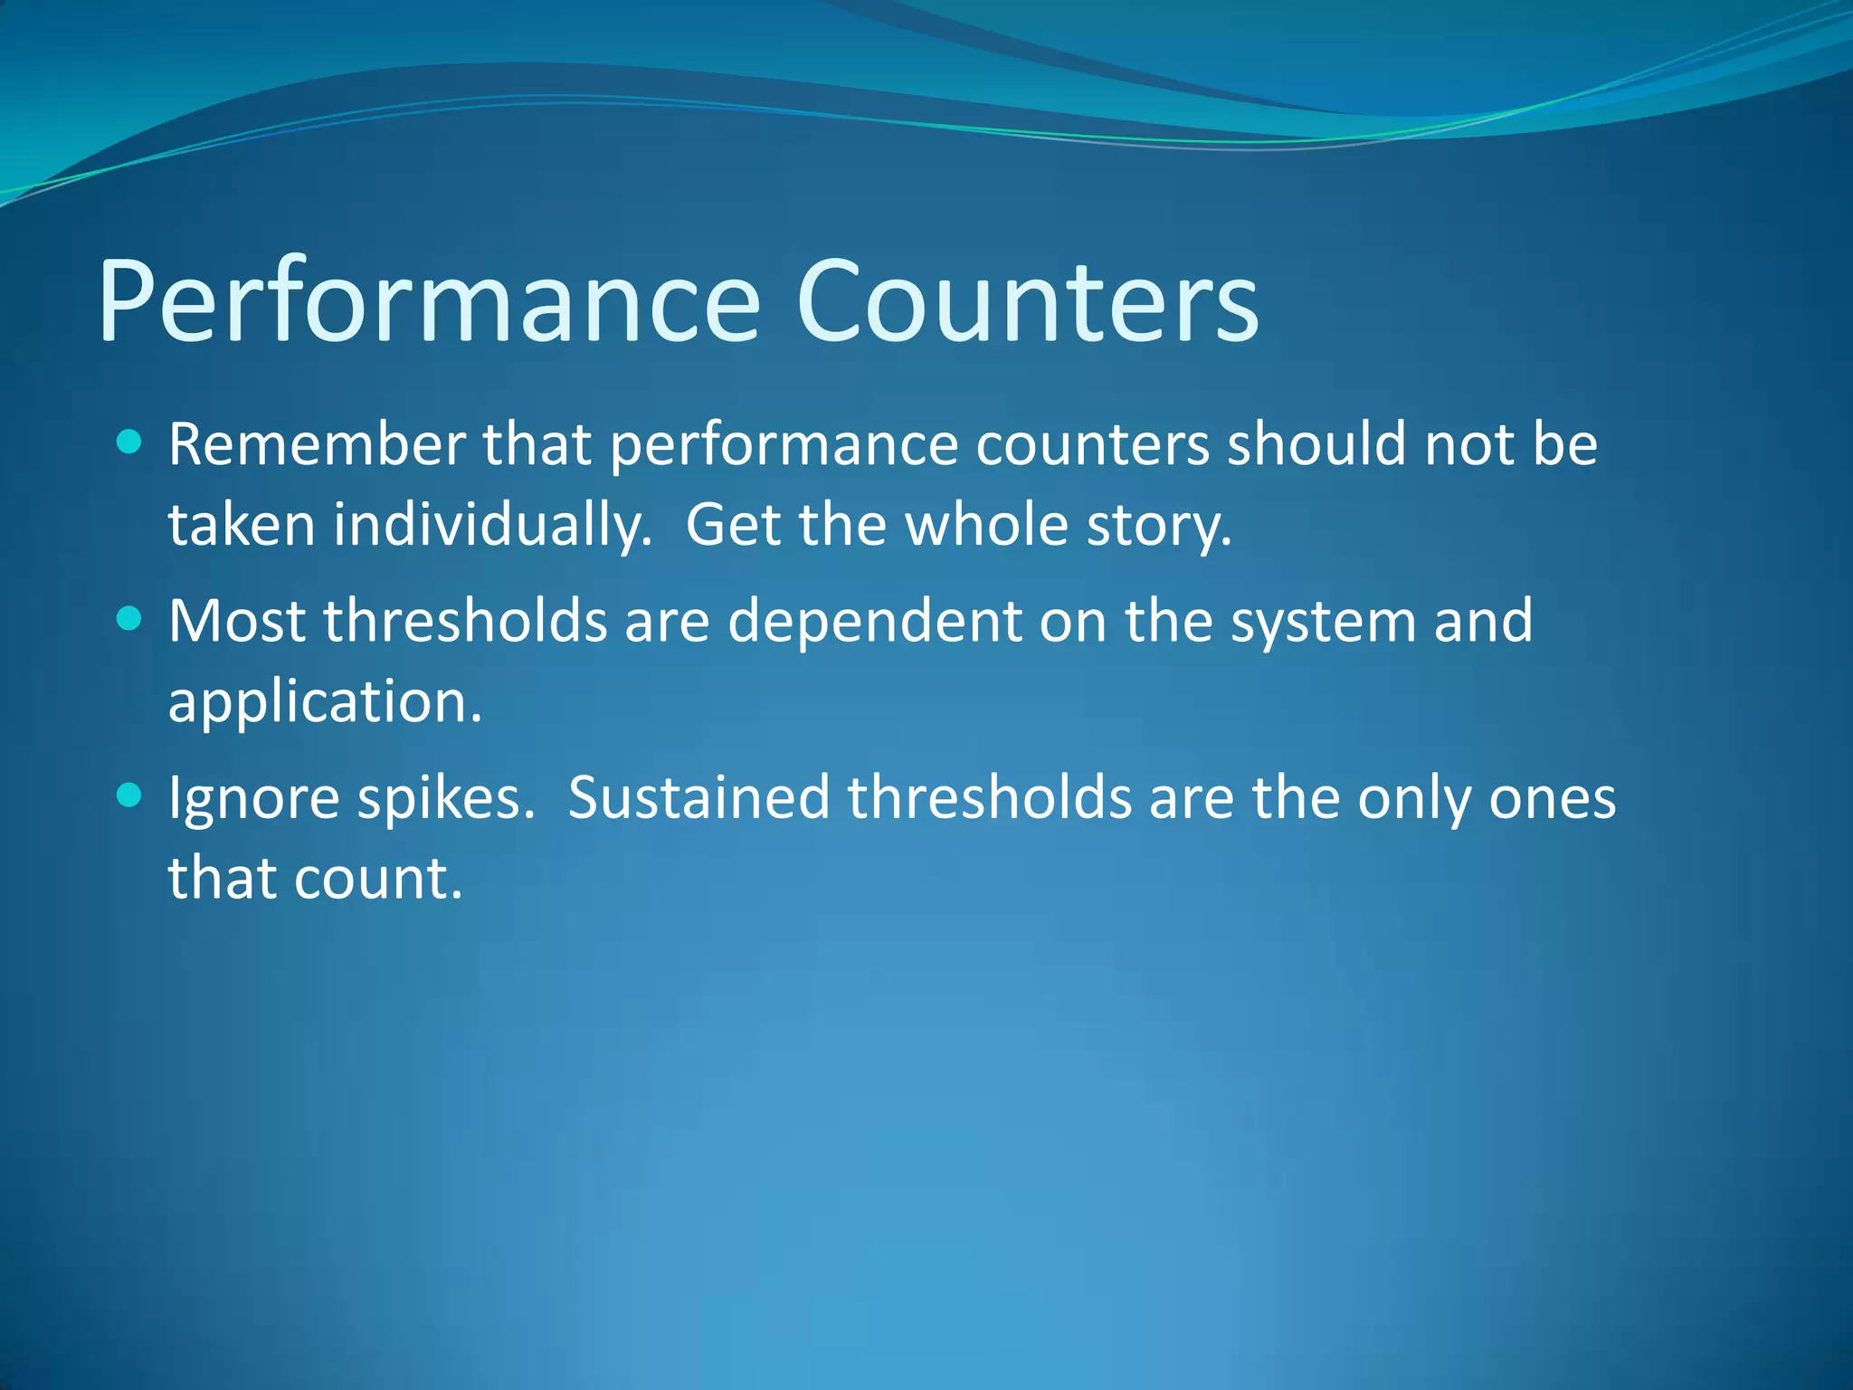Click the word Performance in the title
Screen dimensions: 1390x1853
tap(429, 301)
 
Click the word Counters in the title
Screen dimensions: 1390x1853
tap(1027, 301)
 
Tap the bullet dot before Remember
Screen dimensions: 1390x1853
tap(130, 442)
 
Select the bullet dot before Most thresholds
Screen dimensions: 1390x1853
tap(130, 619)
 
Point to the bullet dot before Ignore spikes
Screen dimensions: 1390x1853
tap(130, 795)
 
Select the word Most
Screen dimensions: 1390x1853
tap(237, 622)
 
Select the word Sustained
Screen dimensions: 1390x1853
tap(698, 798)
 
